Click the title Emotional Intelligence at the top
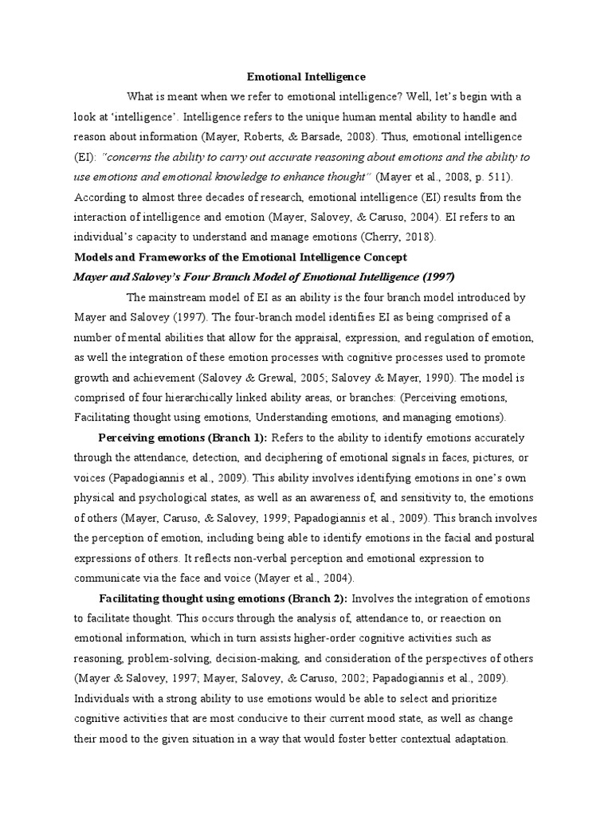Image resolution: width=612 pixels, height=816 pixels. click(x=306, y=76)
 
